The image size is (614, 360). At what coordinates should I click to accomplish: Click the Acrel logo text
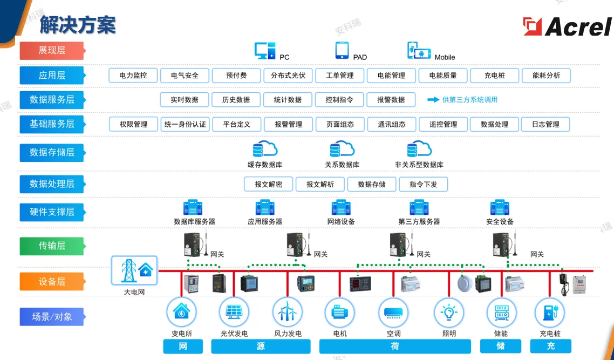coord(578,26)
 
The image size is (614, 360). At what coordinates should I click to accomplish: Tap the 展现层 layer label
coord(52,50)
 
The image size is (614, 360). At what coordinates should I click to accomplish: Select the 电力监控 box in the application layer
coord(133,76)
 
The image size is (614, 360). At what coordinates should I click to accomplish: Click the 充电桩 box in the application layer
coord(494,76)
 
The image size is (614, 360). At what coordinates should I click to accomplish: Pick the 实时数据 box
coord(184,100)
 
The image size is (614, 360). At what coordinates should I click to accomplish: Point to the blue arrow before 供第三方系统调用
coord(433,100)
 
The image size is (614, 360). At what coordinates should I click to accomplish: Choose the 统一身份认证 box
coord(185,124)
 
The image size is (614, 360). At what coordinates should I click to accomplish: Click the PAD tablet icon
coord(342,50)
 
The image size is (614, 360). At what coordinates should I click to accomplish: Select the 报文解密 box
coord(268,184)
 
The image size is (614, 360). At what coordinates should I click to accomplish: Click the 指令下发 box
coord(423,184)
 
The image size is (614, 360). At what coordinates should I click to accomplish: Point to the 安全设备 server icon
coord(500,208)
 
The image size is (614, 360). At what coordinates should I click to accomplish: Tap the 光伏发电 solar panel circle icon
coord(234,312)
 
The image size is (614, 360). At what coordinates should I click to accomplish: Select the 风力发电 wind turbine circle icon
coord(287,312)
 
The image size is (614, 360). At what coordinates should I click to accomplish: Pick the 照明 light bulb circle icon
coord(449,312)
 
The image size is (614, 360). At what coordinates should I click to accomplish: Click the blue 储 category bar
coord(500,347)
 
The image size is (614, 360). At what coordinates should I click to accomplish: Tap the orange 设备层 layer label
coord(52,282)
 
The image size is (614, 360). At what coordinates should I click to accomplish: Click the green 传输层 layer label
coord(52,246)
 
